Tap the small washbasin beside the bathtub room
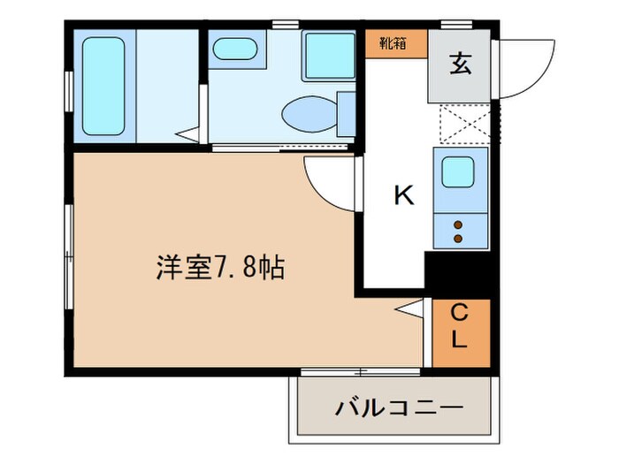[x=235, y=49]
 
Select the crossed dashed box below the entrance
[x=463, y=125]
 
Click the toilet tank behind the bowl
[x=347, y=111]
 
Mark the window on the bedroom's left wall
[x=69, y=256]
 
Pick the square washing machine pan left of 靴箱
[x=330, y=56]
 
